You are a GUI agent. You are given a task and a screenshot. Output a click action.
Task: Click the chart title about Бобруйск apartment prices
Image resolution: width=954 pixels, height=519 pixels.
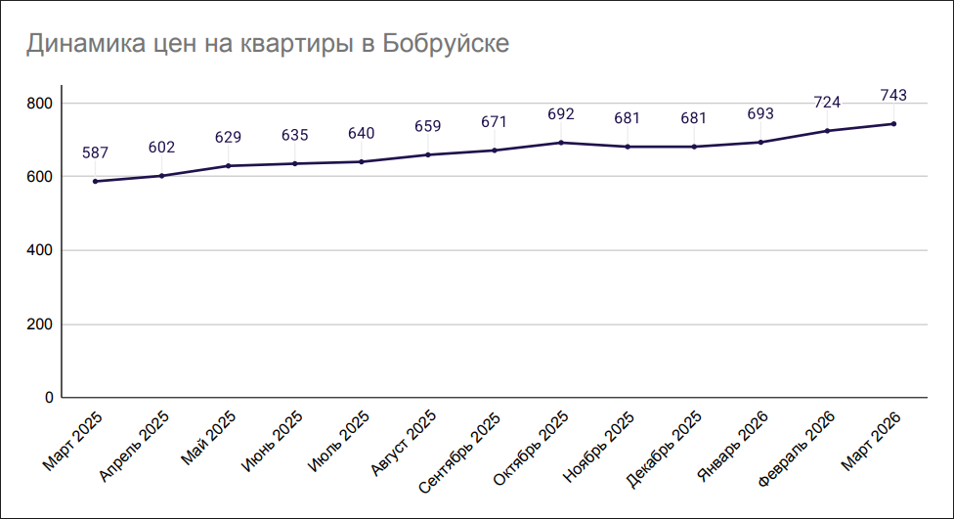coord(267,45)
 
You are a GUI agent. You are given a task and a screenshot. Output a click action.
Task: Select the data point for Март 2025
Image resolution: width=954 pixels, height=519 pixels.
coord(95,181)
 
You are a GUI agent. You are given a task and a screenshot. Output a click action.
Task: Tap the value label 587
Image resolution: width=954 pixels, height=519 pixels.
coord(95,152)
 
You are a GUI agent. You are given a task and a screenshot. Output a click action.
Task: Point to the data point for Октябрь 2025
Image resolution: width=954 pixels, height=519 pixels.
coord(561,143)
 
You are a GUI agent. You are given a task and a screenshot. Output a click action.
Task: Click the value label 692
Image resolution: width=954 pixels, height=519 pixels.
coord(561,114)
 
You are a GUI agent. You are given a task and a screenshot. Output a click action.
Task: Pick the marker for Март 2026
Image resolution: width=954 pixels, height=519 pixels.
coord(893,123)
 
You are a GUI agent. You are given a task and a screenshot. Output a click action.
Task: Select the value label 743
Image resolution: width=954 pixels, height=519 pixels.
coord(893,95)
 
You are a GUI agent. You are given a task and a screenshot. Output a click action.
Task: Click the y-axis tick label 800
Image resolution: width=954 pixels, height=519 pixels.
coord(39,104)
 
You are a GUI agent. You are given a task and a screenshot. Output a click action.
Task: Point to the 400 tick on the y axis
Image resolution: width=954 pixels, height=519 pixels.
coord(39,251)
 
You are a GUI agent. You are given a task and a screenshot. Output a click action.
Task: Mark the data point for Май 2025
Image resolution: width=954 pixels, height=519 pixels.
coord(228,165)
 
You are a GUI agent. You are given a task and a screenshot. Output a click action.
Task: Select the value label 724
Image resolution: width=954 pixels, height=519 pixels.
coord(827,103)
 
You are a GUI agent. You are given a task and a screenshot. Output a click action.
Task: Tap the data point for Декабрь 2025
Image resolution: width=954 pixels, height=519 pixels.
coord(694,147)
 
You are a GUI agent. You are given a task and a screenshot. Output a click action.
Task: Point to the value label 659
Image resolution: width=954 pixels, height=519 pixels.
coord(427,126)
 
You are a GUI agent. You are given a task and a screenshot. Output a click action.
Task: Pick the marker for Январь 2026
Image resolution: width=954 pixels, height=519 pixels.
coord(760,142)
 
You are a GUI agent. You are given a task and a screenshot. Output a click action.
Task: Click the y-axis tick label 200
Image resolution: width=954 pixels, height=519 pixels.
coord(39,324)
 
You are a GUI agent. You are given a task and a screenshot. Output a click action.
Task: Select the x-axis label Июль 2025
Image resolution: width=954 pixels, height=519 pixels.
coord(338,442)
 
